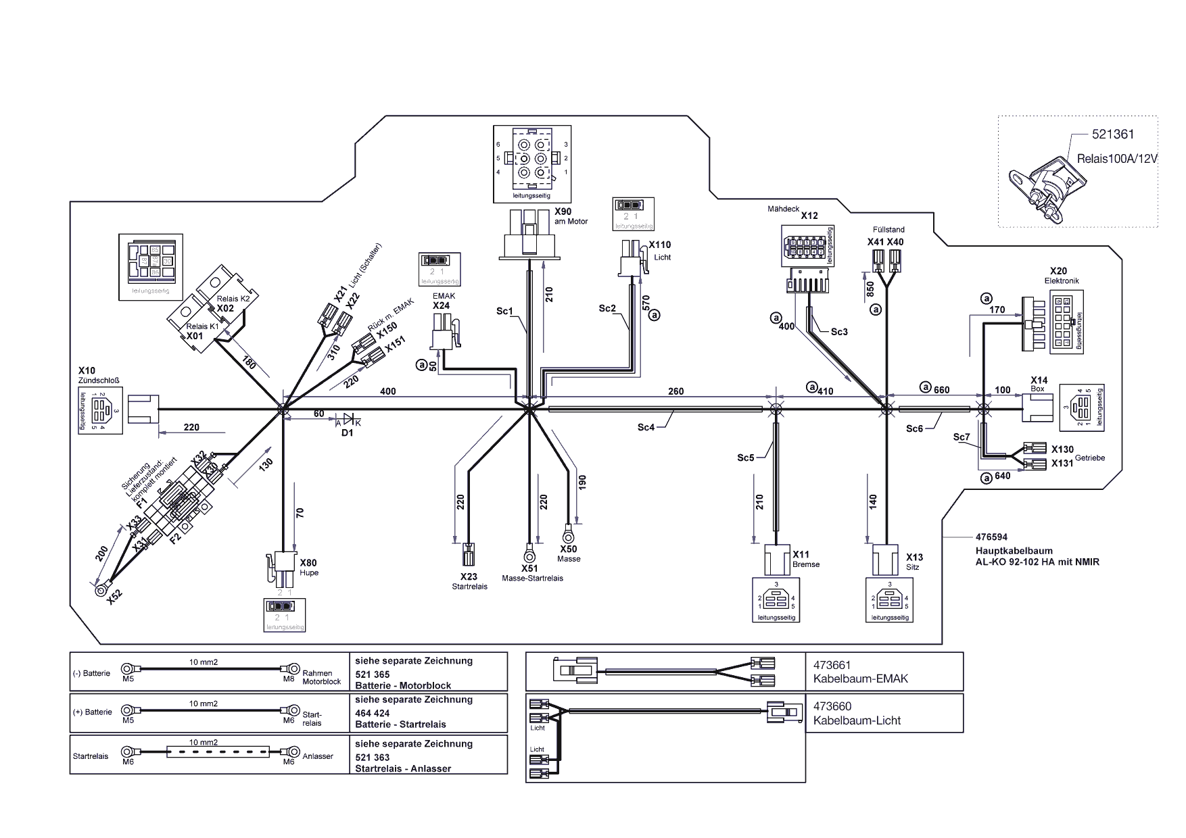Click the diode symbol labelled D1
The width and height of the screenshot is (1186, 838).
pos(348,420)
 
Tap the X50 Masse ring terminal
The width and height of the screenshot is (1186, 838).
pos(568,532)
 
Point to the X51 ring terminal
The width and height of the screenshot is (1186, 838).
pos(529,551)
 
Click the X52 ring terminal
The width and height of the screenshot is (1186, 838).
pos(101,590)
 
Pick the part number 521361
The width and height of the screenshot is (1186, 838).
pos(1113,135)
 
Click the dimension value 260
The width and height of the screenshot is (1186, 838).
pos(675,391)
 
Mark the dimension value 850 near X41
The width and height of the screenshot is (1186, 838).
pos(871,289)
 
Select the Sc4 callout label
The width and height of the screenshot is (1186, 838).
pos(646,427)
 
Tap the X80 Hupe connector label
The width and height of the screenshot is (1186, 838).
pos(308,563)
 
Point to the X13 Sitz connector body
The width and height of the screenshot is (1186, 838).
pos(885,560)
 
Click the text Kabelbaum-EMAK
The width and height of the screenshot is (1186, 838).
pos(861,679)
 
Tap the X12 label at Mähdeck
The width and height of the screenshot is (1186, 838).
pos(809,216)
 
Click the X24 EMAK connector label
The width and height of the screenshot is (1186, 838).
pos(442,305)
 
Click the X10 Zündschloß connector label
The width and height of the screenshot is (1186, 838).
pos(87,370)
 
